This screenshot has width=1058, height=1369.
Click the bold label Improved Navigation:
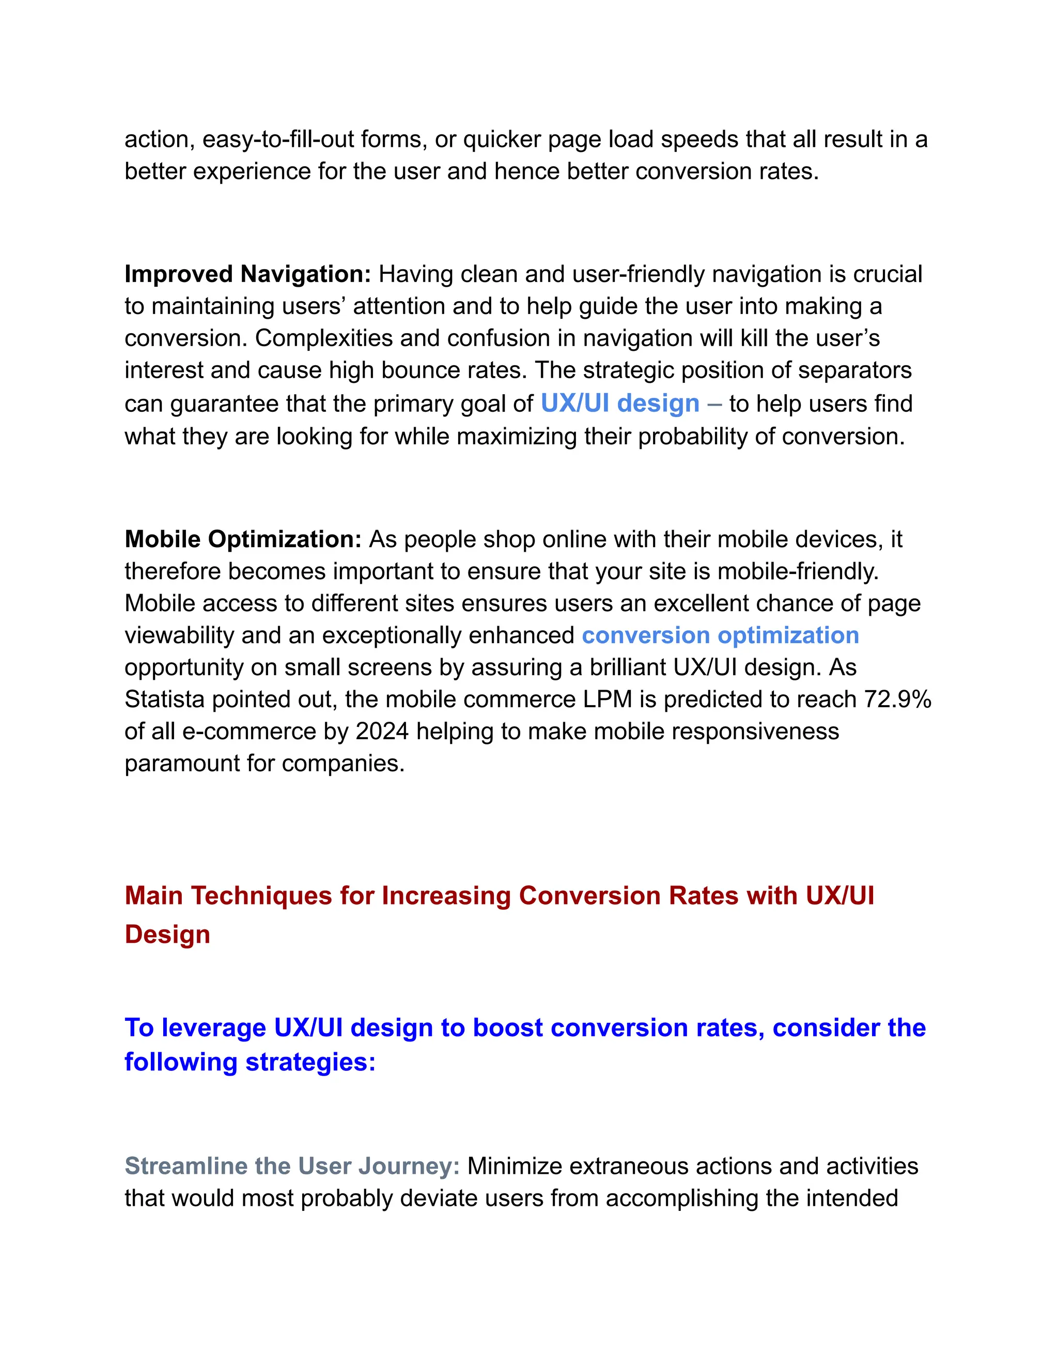tap(247, 274)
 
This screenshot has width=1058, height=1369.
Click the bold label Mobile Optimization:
tap(243, 539)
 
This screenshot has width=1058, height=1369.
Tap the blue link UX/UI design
tap(620, 403)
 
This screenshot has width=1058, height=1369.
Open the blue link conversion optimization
tap(720, 635)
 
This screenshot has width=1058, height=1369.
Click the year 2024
tap(382, 731)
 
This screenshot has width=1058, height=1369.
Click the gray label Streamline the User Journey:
tap(292, 1166)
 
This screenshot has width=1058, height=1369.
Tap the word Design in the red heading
tap(167, 935)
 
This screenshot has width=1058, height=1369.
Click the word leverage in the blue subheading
tap(214, 1028)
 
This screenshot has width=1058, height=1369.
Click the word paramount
tap(177, 763)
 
